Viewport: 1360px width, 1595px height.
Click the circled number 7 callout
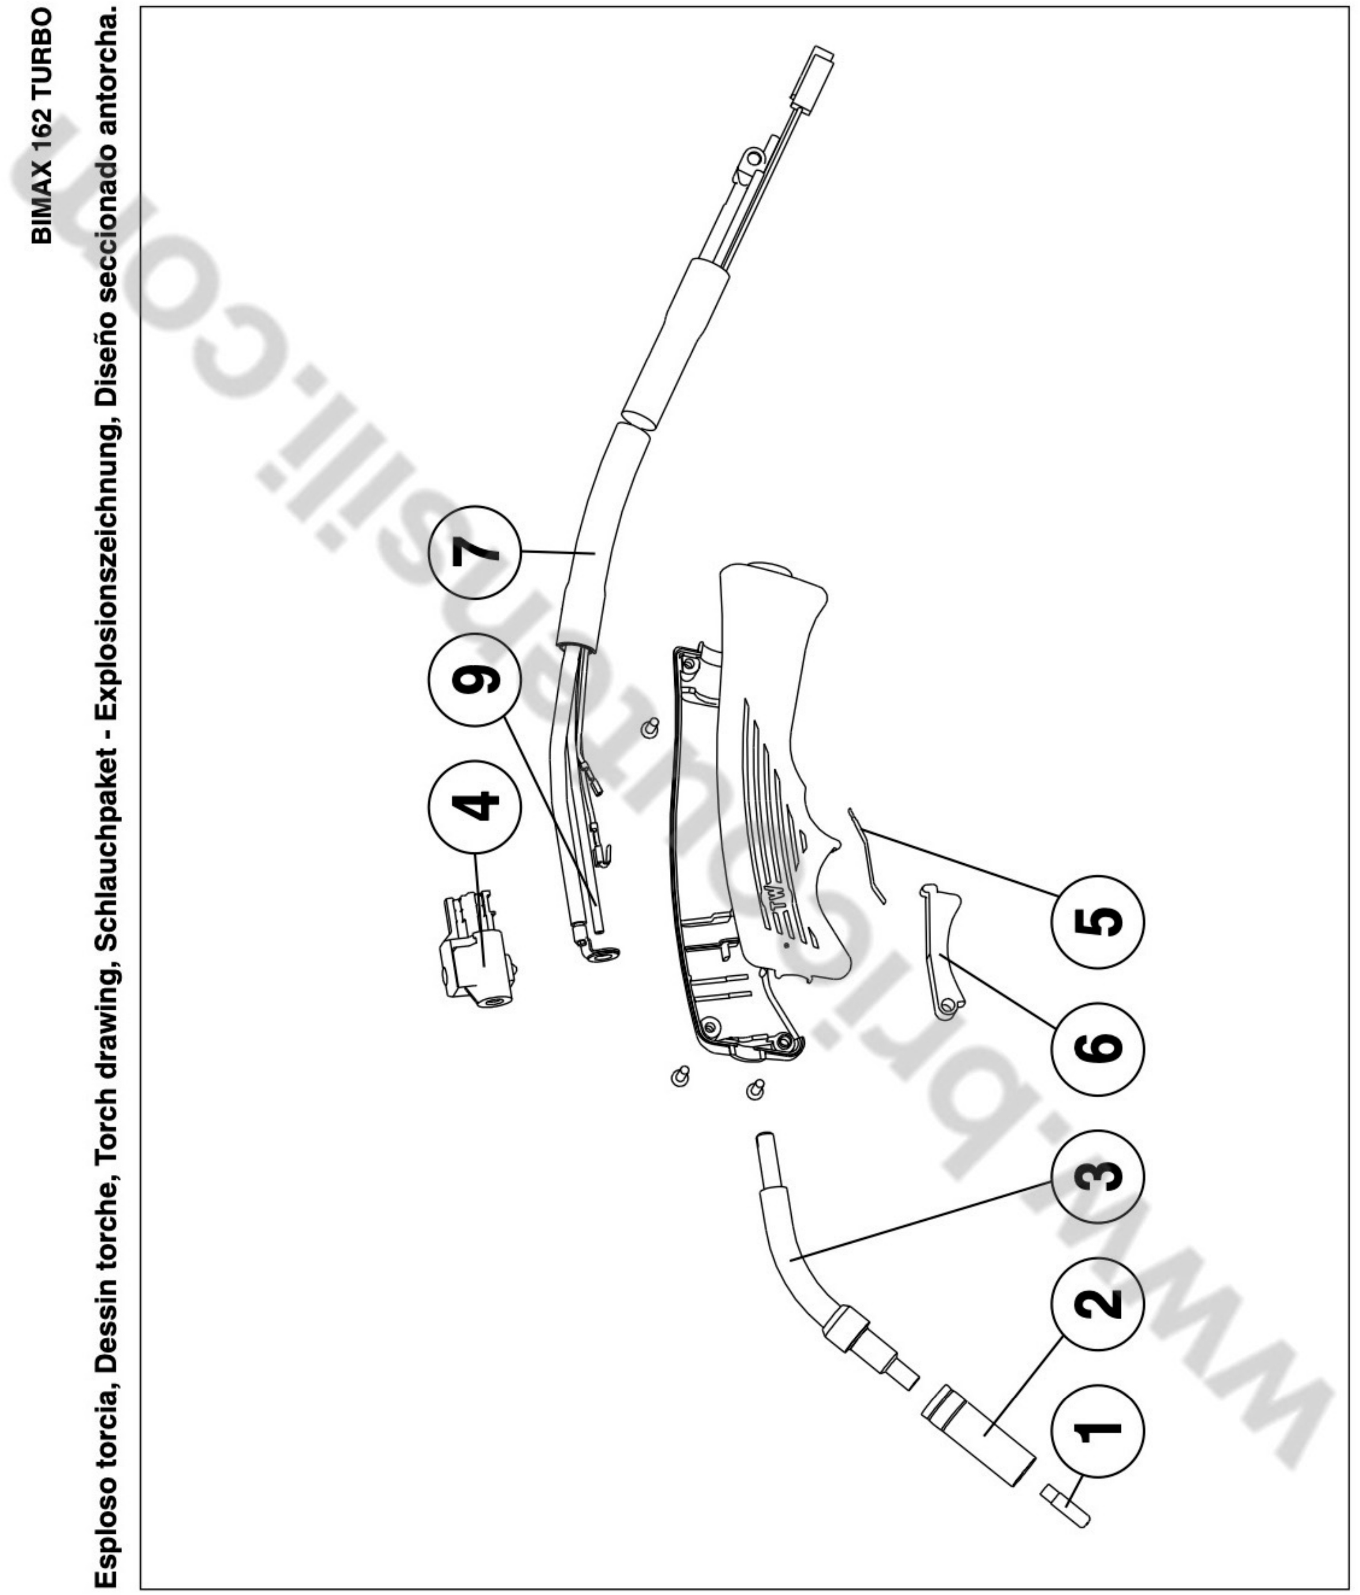coord(475,553)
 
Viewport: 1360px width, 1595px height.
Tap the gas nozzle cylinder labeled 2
coord(977,1433)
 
